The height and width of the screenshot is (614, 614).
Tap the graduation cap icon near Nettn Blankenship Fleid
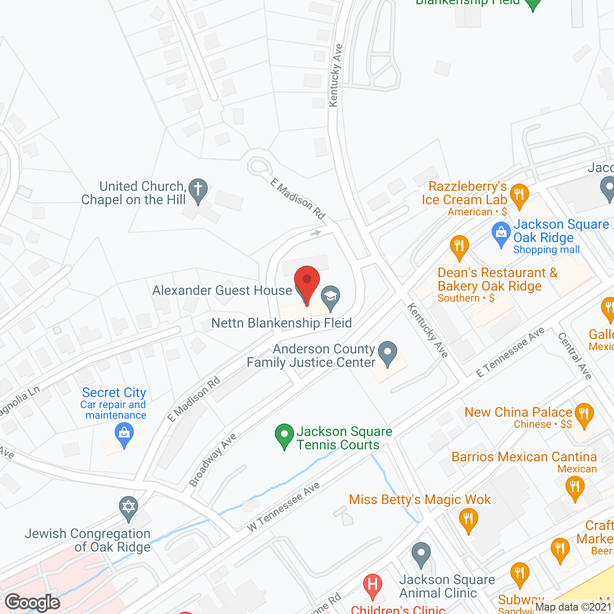[330, 297]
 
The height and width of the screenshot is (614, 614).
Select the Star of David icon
[129, 507]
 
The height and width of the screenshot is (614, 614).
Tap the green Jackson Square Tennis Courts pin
[284, 435]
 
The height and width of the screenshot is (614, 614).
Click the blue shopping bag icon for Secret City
[124, 434]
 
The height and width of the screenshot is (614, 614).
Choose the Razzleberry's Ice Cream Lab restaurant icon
[519, 196]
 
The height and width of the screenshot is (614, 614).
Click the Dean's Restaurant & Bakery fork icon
[459, 247]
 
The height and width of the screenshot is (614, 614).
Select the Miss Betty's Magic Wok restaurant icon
[468, 520]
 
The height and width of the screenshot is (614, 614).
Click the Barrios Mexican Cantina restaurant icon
[574, 488]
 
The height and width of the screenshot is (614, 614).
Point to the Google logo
[33, 602]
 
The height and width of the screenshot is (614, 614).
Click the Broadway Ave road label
[213, 460]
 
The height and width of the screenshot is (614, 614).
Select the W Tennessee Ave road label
[283, 507]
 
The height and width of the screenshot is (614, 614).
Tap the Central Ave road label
[575, 356]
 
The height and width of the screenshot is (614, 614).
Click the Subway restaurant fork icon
[520, 574]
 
